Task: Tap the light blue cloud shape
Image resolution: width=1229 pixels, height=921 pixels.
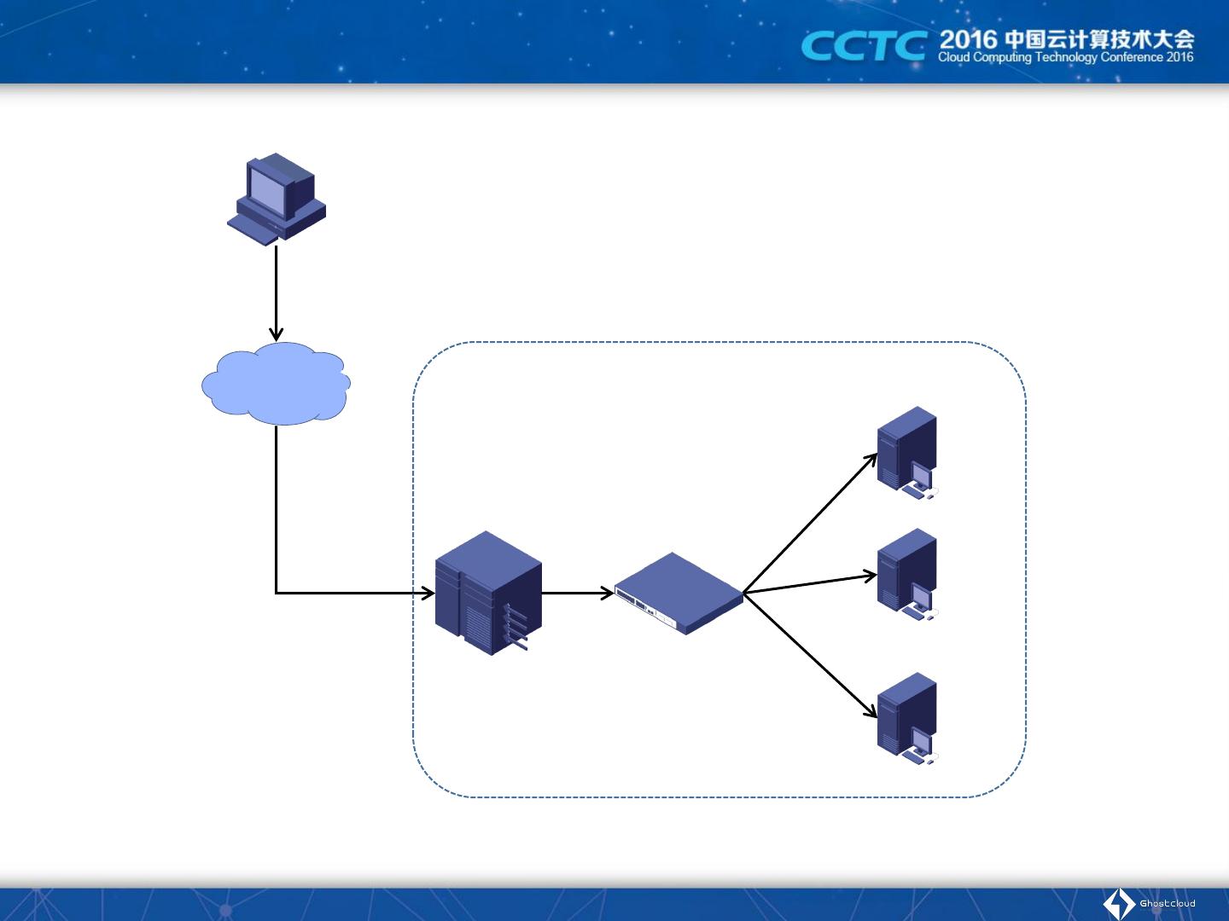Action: [276, 384]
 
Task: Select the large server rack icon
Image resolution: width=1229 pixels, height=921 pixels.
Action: [488, 594]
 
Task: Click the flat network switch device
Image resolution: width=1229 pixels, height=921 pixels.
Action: [679, 593]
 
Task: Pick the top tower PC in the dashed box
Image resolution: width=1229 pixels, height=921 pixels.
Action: [907, 452]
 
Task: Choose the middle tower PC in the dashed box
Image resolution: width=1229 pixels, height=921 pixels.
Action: [907, 574]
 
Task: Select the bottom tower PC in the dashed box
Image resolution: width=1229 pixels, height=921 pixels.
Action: [907, 718]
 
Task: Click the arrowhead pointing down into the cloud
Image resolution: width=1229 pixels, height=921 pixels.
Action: [276, 334]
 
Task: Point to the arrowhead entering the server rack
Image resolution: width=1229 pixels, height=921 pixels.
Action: [428, 593]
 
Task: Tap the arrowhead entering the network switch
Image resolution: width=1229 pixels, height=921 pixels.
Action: [608, 593]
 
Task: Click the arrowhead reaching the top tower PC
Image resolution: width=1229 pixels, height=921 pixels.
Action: [871, 459]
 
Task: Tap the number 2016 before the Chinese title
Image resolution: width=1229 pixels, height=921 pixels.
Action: [968, 39]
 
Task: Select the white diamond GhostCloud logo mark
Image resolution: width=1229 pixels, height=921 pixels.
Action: [1119, 904]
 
